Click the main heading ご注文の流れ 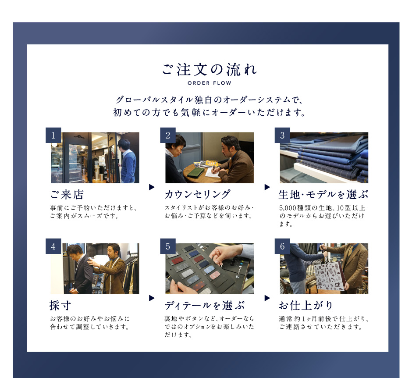click(x=209, y=69)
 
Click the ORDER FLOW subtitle click(x=210, y=83)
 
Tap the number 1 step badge click(x=53, y=135)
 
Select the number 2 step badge click(x=168, y=135)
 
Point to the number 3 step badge click(x=282, y=135)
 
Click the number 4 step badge click(x=53, y=246)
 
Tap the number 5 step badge click(x=168, y=246)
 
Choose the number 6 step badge click(x=282, y=246)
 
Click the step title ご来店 click(x=67, y=195)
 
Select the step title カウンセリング click(x=198, y=195)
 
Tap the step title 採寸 click(x=60, y=306)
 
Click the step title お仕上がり click(x=306, y=306)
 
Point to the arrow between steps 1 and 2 click(x=152, y=187)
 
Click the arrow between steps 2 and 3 click(x=267, y=187)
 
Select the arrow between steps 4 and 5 click(x=152, y=298)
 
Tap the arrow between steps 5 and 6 click(x=267, y=298)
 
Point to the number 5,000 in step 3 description click(x=288, y=208)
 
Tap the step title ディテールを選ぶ click(x=205, y=306)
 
